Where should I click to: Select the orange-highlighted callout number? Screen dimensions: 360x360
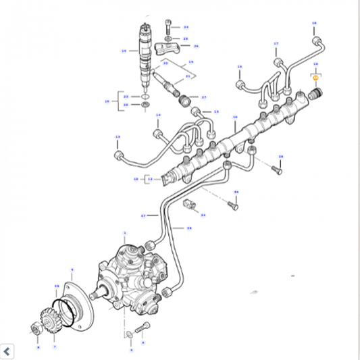tap(315, 79)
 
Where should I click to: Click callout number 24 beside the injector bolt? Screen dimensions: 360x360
tap(186, 27)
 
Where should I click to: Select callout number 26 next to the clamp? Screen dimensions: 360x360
tap(196, 46)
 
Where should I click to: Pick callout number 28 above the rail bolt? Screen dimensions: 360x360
tap(280, 157)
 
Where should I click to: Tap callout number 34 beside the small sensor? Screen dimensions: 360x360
tap(203, 215)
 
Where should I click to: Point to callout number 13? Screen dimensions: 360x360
tap(117, 136)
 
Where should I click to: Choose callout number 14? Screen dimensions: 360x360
tap(158, 115)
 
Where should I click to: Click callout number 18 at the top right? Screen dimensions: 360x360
tap(314, 23)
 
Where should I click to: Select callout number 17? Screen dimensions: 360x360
tap(276, 44)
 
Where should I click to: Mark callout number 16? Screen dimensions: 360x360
tap(239, 66)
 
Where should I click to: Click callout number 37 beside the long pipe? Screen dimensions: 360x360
tap(143, 216)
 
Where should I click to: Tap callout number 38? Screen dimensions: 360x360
tap(189, 228)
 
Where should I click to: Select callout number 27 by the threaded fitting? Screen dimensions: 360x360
tap(203, 97)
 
